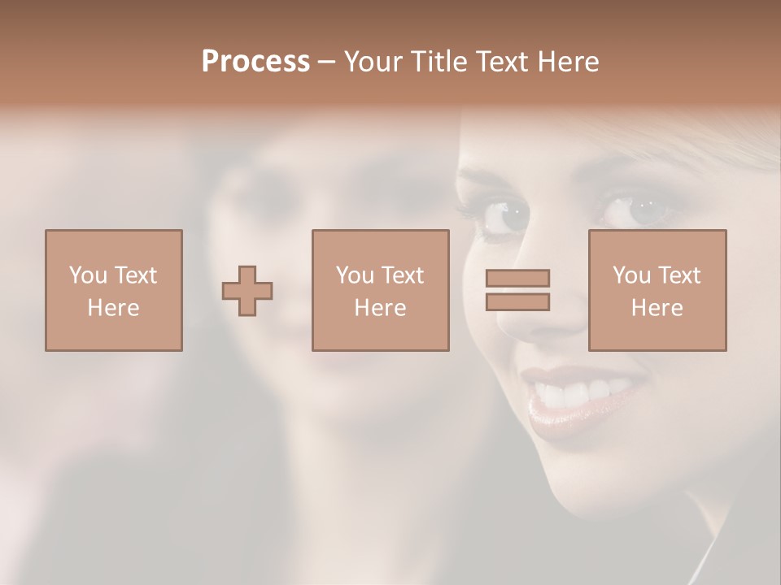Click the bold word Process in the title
pos(255,62)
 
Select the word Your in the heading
pos(373,62)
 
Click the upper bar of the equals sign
pos(517,279)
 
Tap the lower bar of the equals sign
pos(517,301)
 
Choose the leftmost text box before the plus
pos(113,290)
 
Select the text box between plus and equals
pos(380,290)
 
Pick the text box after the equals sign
pos(657,290)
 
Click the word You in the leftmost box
pos(88,275)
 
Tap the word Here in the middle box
pos(380,308)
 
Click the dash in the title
pos(326,62)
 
